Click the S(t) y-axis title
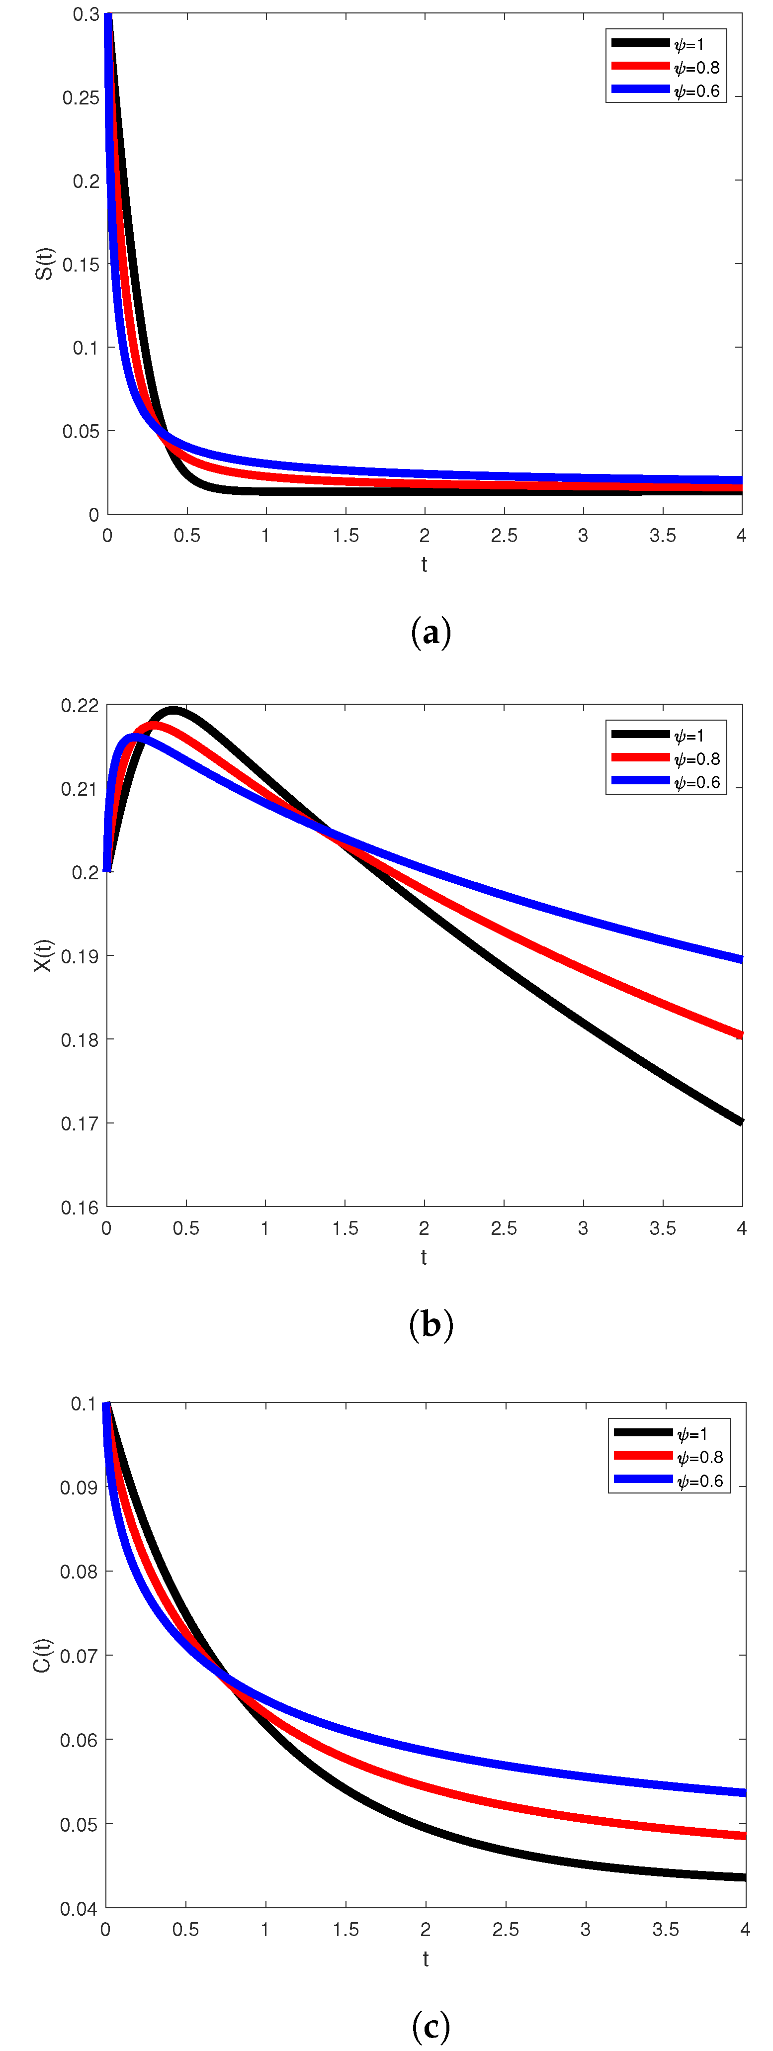click(x=45, y=264)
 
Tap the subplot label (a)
click(x=430, y=633)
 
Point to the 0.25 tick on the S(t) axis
click(x=81, y=98)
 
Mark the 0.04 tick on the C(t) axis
click(x=79, y=1908)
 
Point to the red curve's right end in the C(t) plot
click(x=744, y=1836)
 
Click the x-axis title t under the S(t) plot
click(x=425, y=564)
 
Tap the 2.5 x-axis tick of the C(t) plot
click(x=506, y=1930)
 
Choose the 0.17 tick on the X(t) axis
click(x=80, y=1123)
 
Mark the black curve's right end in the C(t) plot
click(x=744, y=1877)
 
